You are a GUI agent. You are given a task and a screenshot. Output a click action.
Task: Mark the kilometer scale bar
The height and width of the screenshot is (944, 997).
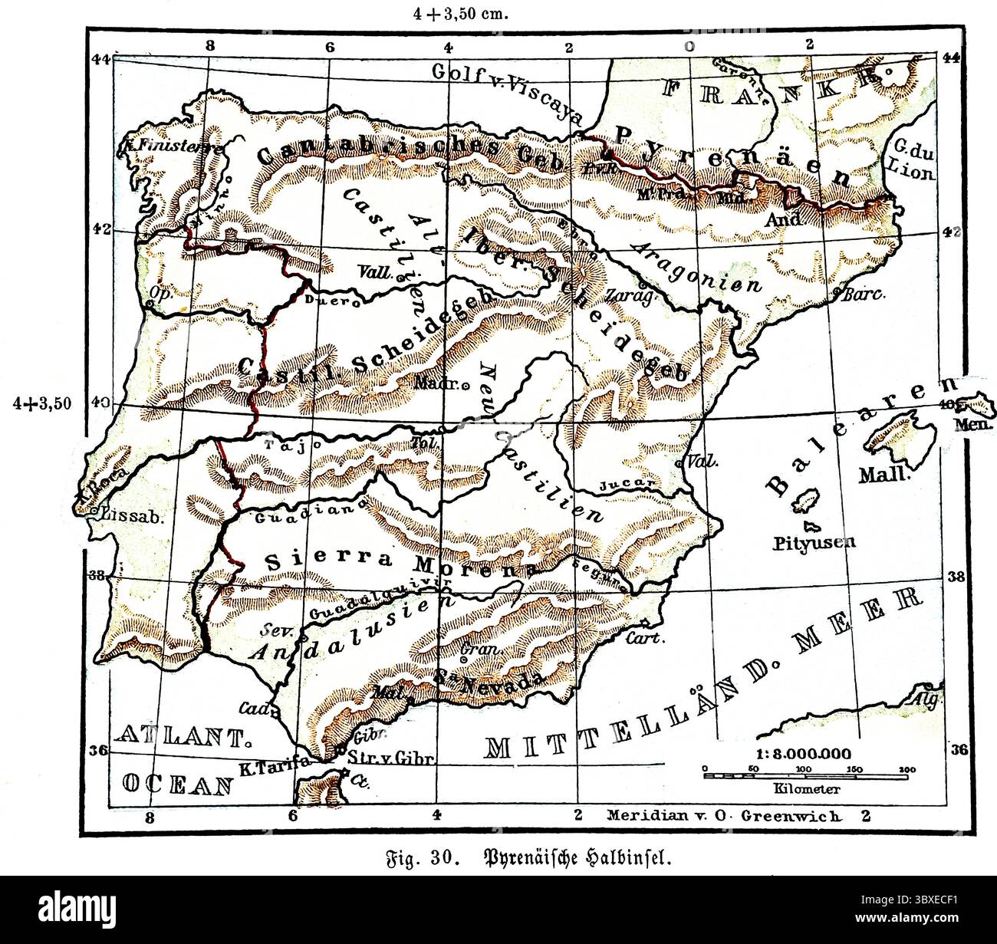click(806, 776)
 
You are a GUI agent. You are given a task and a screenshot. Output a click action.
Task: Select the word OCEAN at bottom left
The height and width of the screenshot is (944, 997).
click(177, 783)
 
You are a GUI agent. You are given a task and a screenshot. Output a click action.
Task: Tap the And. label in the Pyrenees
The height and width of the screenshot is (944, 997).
click(783, 219)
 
